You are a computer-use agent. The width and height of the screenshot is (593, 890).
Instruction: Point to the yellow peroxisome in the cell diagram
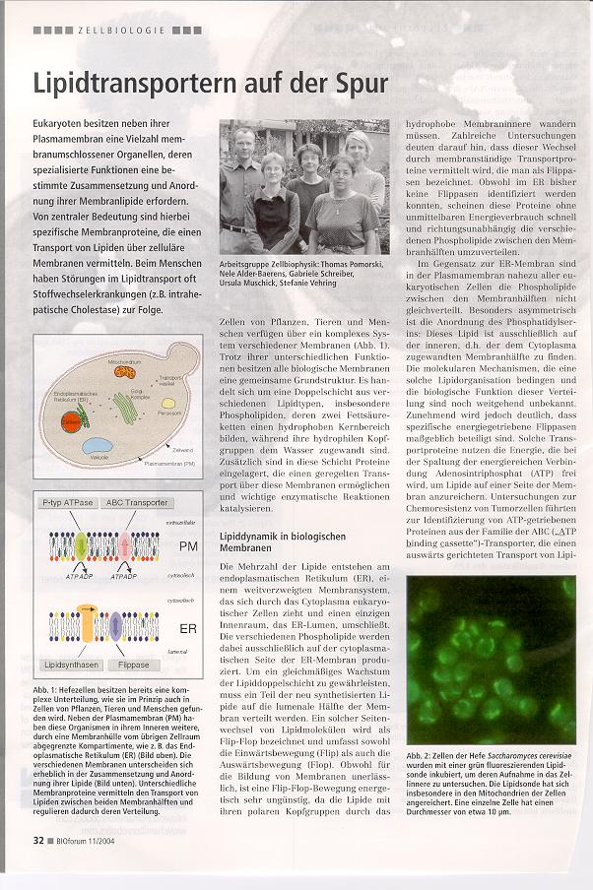[168, 404]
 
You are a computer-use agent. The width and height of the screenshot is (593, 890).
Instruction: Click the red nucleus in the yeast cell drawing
[71, 422]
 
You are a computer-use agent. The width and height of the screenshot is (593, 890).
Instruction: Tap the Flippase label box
[135, 666]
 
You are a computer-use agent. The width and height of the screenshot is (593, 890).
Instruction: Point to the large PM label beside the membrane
[188, 546]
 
